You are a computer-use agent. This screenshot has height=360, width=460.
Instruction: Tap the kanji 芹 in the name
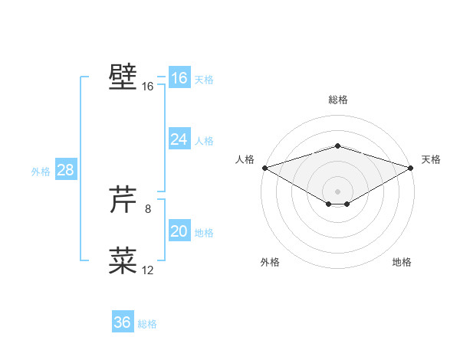123,200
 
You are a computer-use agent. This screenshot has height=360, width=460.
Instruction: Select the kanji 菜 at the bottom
123,260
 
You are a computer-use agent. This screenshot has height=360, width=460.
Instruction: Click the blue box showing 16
179,78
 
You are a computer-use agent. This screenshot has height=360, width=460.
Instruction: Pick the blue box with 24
179,139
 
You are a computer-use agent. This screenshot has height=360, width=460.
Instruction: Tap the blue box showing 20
179,232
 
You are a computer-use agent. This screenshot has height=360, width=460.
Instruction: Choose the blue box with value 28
65,170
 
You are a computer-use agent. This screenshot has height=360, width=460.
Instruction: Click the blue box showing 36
122,322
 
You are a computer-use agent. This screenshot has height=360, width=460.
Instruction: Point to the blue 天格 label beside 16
204,80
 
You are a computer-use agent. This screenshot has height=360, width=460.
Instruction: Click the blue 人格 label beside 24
204,141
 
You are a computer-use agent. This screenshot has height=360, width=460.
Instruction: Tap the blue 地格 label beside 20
204,233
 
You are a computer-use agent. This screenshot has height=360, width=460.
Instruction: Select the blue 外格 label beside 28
41,172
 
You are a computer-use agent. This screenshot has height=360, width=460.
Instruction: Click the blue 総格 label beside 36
147,324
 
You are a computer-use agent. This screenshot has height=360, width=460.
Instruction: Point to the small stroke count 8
147,208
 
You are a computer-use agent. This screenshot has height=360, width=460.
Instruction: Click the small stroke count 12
148,270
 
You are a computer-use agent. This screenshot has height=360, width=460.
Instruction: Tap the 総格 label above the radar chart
337,100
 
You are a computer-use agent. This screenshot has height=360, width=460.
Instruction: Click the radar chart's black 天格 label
431,159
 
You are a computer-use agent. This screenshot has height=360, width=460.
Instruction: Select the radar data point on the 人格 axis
264,168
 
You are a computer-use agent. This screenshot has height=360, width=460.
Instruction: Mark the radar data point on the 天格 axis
411,168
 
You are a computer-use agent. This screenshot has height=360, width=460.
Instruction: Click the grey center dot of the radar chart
337,190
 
